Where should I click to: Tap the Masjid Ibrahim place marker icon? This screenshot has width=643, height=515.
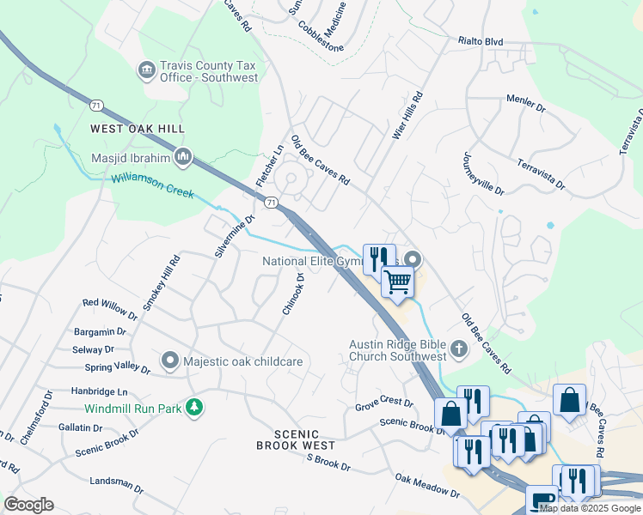tap(183, 157)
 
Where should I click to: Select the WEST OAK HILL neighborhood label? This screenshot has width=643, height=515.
tap(138, 129)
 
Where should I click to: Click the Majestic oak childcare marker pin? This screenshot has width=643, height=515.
tap(170, 361)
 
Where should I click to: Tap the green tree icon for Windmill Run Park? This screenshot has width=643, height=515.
tap(196, 406)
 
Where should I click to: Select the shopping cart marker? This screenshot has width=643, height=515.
tap(397, 281)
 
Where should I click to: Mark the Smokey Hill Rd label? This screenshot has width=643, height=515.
tap(161, 282)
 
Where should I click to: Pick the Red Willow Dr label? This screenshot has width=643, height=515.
tap(109, 310)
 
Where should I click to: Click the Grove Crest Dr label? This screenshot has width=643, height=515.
tap(384, 402)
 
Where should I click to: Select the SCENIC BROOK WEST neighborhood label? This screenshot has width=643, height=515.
tap(295, 440)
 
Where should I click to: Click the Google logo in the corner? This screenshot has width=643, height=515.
tap(28, 504)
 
